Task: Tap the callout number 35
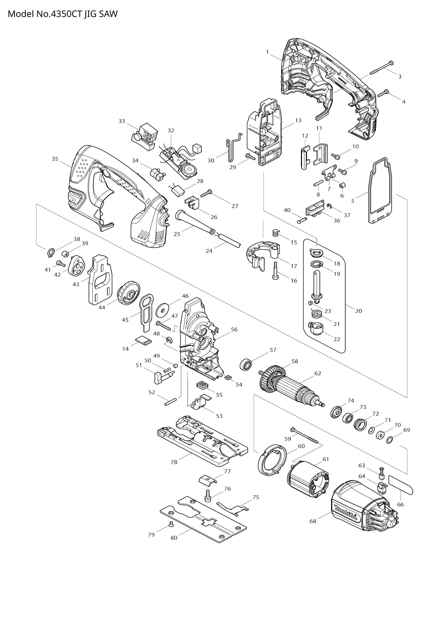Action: (55, 159)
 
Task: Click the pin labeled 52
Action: (170, 403)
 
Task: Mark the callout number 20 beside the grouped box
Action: (359, 311)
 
